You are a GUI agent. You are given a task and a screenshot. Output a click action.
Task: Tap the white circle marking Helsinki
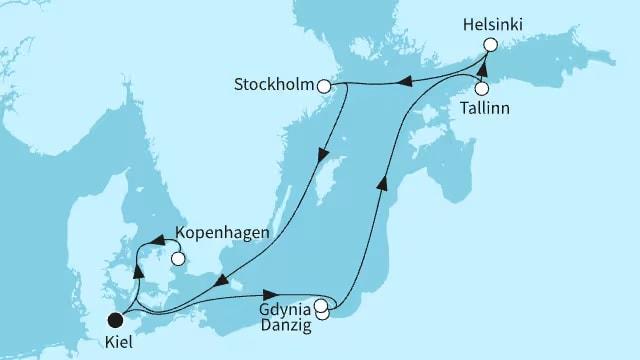(x=490, y=44)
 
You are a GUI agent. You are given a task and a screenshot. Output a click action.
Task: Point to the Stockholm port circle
(x=323, y=87)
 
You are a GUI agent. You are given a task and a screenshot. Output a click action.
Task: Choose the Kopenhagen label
(x=221, y=233)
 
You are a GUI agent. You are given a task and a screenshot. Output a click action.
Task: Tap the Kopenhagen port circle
(x=178, y=258)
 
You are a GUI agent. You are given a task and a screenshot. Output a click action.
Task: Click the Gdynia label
(x=285, y=309)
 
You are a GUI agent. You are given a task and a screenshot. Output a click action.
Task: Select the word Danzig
(x=284, y=326)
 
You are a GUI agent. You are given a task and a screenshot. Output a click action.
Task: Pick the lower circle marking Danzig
(x=323, y=314)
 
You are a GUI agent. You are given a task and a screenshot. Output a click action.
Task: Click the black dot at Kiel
(x=116, y=320)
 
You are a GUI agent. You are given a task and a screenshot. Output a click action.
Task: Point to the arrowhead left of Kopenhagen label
(x=156, y=240)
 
